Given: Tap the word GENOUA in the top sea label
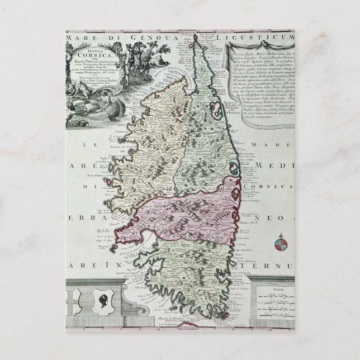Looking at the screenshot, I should click(x=139, y=38).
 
